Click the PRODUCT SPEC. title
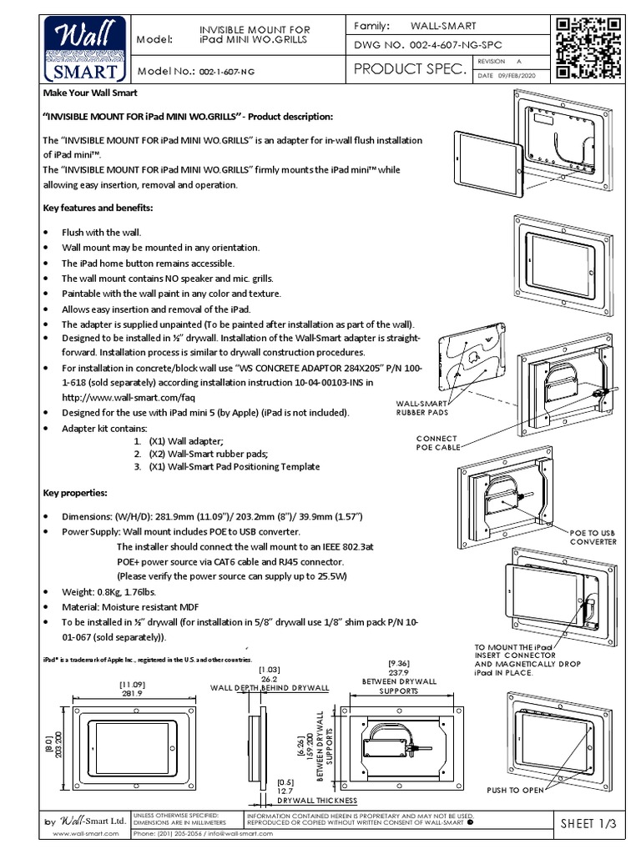pyautogui.click(x=409, y=70)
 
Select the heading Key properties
pyautogui.click(x=76, y=493)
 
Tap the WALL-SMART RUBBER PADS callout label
pyautogui.click(x=427, y=408)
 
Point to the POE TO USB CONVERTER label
pyautogui.click(x=593, y=536)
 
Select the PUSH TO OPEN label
pyautogui.click(x=515, y=789)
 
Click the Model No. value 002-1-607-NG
pyautogui.click(x=225, y=72)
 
